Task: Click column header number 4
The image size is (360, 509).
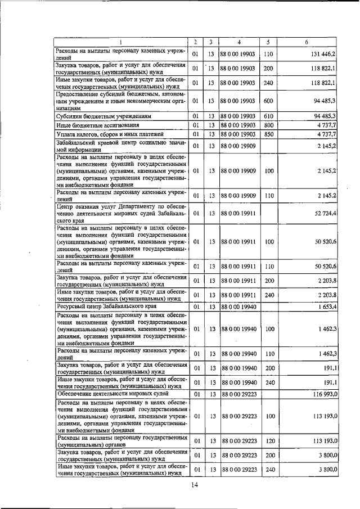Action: click(x=239, y=42)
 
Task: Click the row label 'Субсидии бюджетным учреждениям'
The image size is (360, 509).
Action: click(x=97, y=116)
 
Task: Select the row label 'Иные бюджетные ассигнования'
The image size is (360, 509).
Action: click(x=92, y=125)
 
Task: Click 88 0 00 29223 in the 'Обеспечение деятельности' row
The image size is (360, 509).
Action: click(x=239, y=395)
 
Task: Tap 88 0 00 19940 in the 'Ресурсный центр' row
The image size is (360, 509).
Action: click(x=239, y=307)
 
